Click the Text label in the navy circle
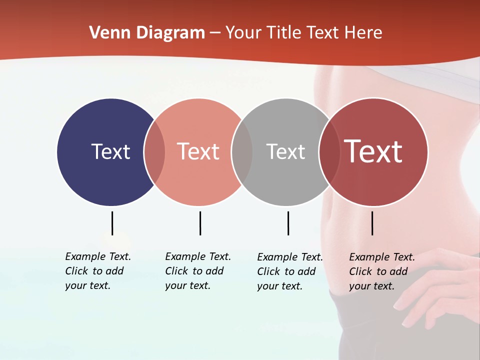(x=110, y=151)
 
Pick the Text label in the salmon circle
(x=198, y=151)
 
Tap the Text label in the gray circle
(x=285, y=151)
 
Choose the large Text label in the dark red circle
(x=373, y=151)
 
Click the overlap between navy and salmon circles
(x=154, y=152)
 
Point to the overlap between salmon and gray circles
(x=242, y=152)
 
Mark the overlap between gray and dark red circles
(x=329, y=152)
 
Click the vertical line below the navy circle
(x=112, y=223)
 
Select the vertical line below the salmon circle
(x=200, y=223)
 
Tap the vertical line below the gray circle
(x=288, y=223)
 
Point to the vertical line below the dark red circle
(x=372, y=223)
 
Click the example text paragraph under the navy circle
(x=98, y=271)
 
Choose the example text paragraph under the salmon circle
(x=198, y=271)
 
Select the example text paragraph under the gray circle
(x=290, y=271)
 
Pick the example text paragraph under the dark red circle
(x=382, y=271)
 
